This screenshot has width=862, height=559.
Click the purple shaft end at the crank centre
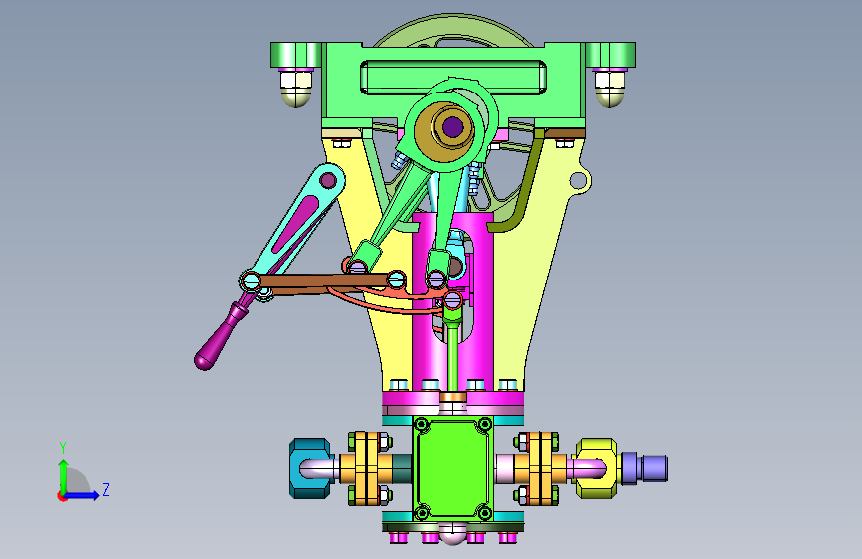point(452,127)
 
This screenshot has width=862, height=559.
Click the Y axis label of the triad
point(63,447)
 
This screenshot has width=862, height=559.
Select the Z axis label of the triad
point(106,489)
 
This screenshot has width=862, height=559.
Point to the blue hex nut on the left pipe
point(310,468)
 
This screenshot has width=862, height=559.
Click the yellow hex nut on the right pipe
point(596,468)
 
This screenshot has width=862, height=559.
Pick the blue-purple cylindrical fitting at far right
point(644,468)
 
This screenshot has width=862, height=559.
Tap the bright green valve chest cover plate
point(452,468)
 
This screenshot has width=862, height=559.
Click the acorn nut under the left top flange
point(295,89)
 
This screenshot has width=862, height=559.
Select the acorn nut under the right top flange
point(610,89)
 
